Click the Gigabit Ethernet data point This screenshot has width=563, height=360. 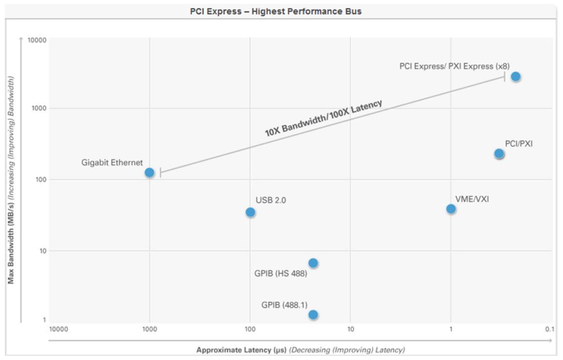pos(150,172)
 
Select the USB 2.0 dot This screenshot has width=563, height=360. pos(250,212)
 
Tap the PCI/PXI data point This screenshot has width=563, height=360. pos(499,154)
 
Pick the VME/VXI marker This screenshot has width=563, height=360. pos(451,209)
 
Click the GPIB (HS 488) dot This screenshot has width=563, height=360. pos(313,263)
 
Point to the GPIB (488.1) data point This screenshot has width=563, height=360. pos(313,315)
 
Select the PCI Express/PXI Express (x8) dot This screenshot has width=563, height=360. pos(516,76)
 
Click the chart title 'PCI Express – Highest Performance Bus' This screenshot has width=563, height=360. pos(276,11)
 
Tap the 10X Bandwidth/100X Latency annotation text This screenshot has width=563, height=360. pos(323,118)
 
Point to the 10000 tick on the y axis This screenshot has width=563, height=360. pos(37,40)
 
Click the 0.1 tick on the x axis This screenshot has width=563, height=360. pos(549,329)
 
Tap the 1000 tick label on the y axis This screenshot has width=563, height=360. pos(39,108)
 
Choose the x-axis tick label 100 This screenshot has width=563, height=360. pos(250,329)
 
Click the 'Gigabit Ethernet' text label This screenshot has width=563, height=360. pos(112,162)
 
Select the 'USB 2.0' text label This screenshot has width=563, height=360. pos(270,201)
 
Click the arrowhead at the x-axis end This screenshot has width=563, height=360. pos(551,340)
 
